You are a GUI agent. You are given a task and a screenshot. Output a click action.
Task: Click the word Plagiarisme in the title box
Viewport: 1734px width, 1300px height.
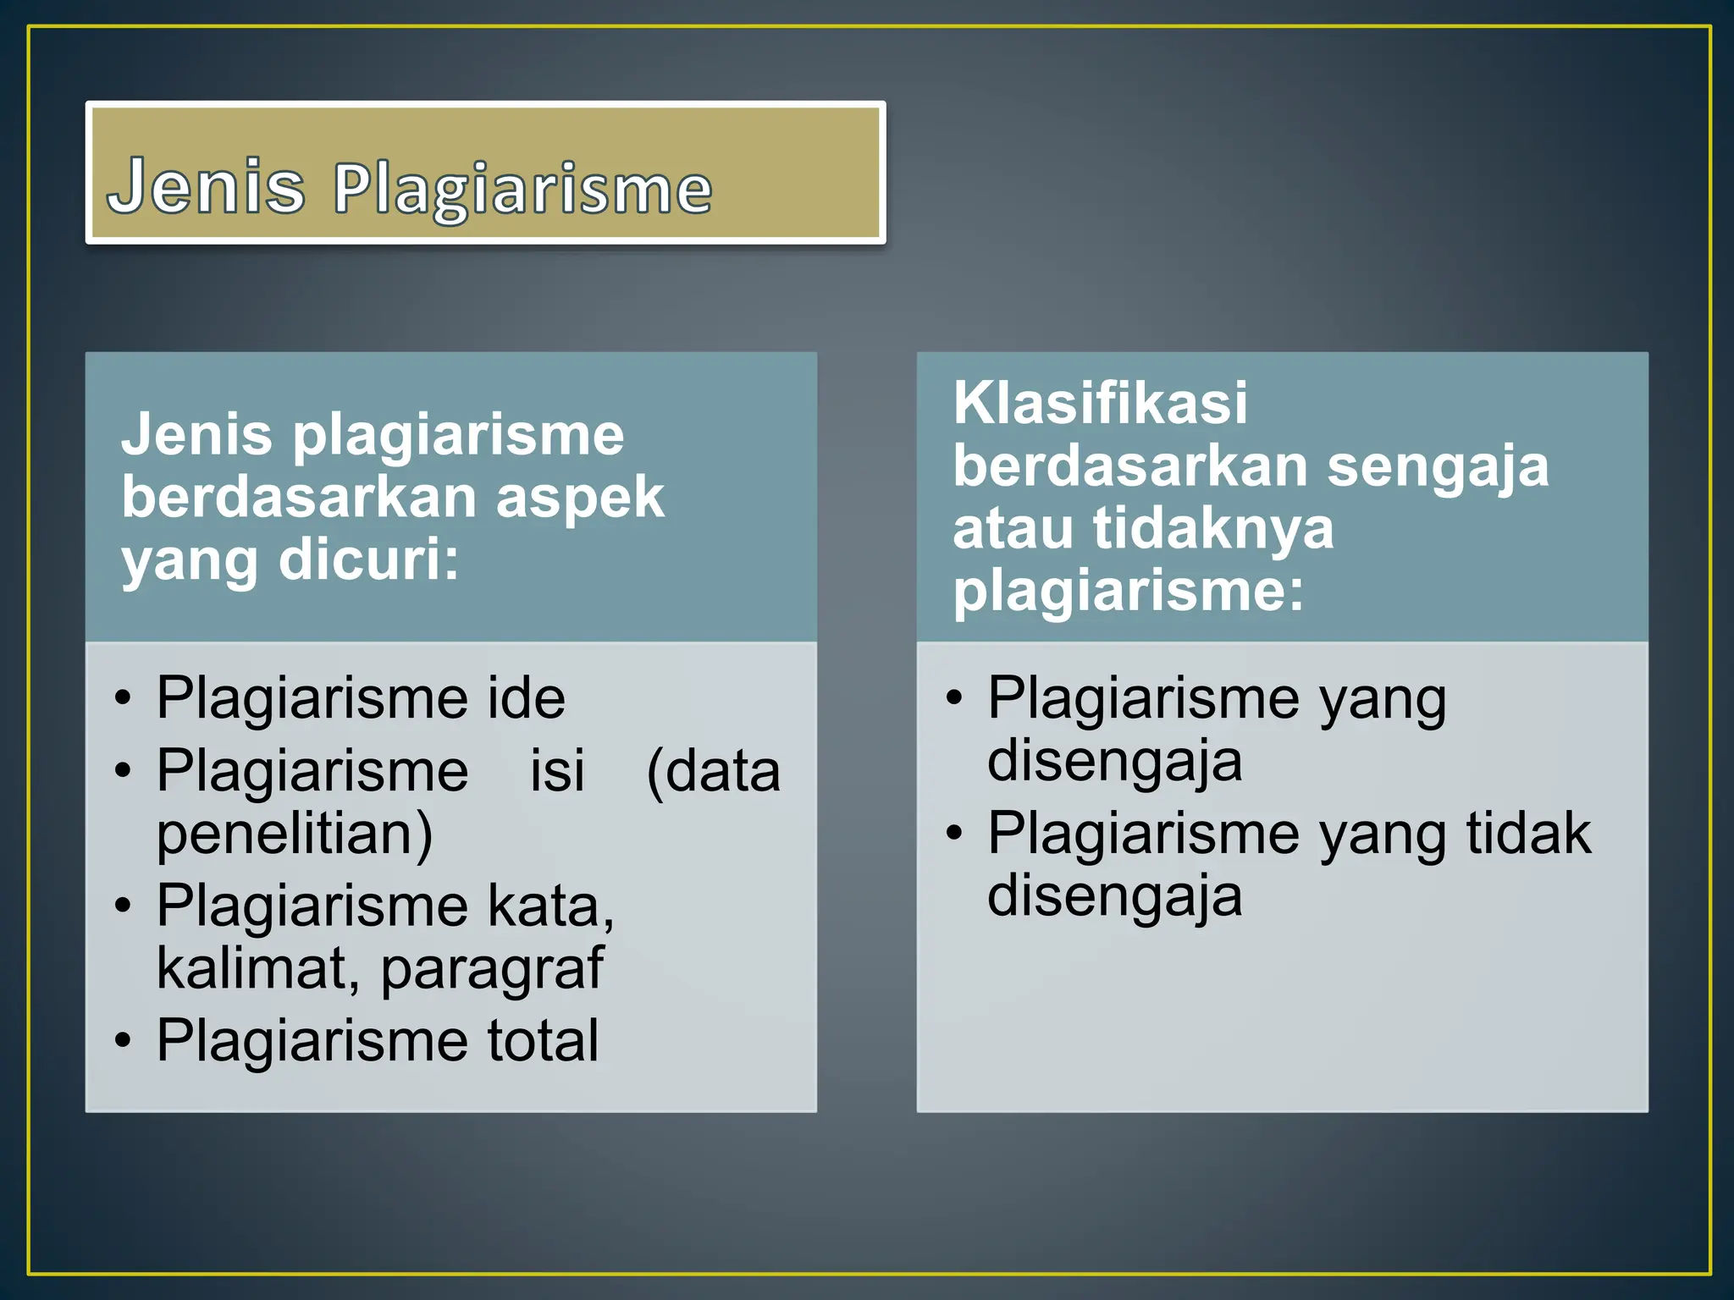coord(522,190)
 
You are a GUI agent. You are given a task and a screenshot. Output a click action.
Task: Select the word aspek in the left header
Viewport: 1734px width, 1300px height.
coord(580,498)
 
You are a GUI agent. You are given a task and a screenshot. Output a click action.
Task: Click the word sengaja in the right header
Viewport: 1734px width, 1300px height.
coord(1437,467)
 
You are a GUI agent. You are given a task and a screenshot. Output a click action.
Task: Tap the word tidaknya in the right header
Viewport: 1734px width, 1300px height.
coord(1212,529)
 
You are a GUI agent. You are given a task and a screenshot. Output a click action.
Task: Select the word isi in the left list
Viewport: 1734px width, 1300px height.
coord(557,771)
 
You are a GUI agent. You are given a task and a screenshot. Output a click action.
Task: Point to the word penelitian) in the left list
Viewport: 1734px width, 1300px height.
coord(295,834)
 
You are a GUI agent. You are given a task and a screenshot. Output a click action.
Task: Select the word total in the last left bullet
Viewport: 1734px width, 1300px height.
coord(542,1040)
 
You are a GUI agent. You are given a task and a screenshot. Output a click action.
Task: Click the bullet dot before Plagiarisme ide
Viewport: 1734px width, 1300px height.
coord(124,700)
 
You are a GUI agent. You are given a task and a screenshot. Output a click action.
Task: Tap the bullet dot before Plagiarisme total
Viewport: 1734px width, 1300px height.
coord(124,1042)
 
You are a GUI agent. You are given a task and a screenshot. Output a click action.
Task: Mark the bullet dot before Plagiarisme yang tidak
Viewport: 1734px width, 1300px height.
coord(954,835)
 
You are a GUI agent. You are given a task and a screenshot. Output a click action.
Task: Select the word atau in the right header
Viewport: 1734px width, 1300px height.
coord(1013,529)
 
